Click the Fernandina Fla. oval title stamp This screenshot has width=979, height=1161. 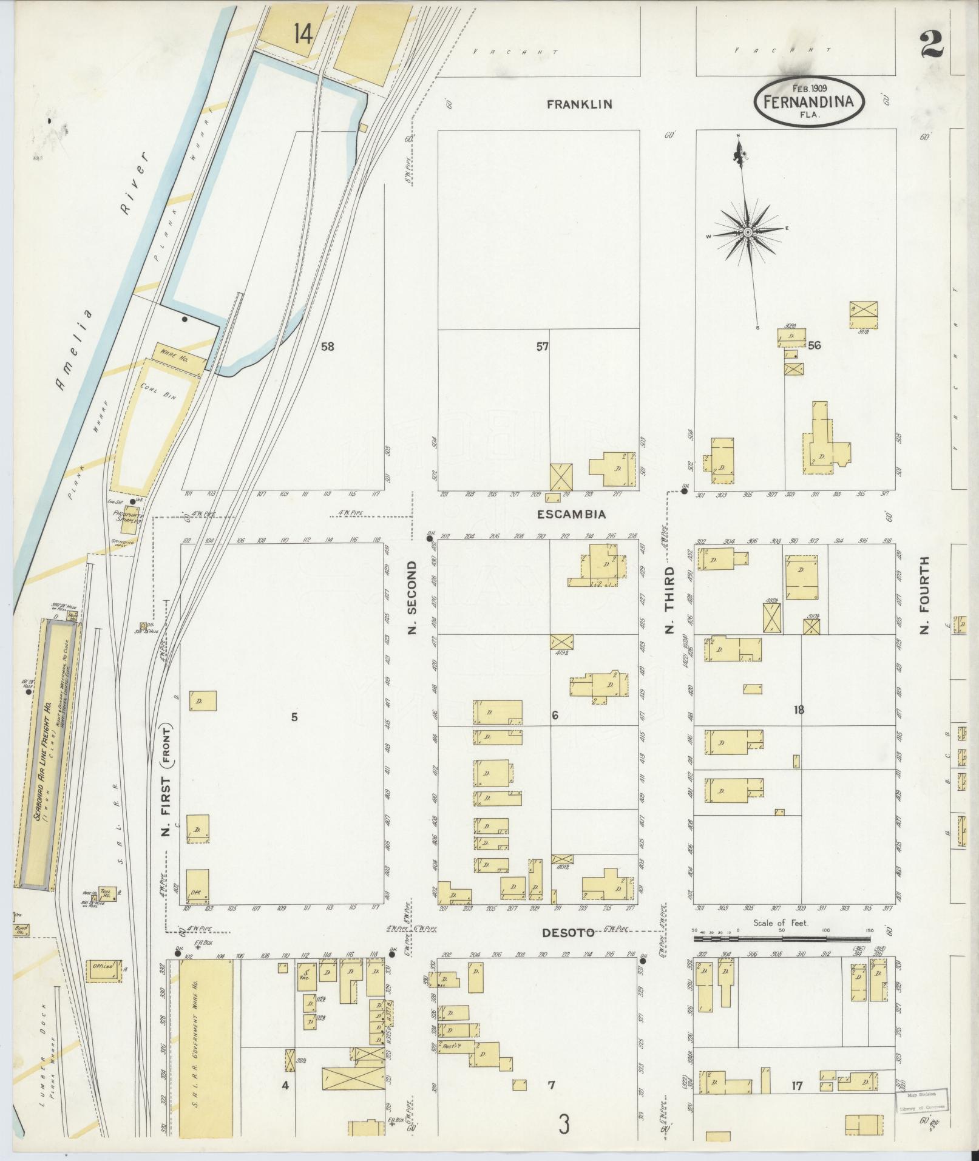click(809, 101)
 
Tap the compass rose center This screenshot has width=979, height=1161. click(748, 233)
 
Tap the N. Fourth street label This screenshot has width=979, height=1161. click(925, 597)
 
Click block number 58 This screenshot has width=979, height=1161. click(328, 347)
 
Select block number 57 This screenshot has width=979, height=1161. click(542, 347)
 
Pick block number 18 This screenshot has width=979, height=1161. click(798, 709)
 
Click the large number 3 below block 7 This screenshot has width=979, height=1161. click(564, 1126)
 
